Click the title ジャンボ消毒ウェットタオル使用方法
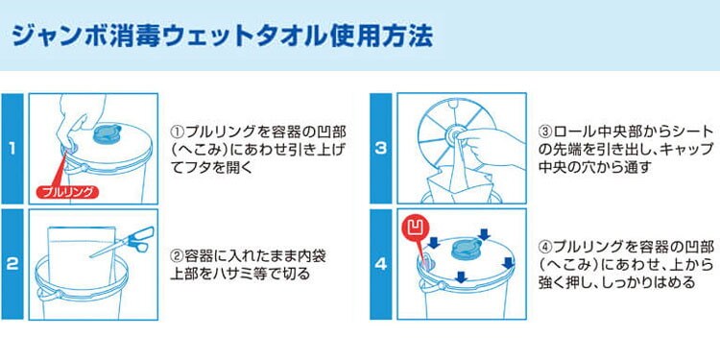pos(222,36)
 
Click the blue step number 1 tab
pos(12,149)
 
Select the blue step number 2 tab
pos(12,265)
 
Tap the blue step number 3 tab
pos(381,149)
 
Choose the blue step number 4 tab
pos(381,265)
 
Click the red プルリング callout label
pos(67,192)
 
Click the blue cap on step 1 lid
pos(107,133)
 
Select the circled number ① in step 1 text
pos(177,133)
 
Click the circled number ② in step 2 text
pos(177,255)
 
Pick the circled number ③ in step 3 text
pos(545,133)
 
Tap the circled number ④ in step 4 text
pos(545,248)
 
